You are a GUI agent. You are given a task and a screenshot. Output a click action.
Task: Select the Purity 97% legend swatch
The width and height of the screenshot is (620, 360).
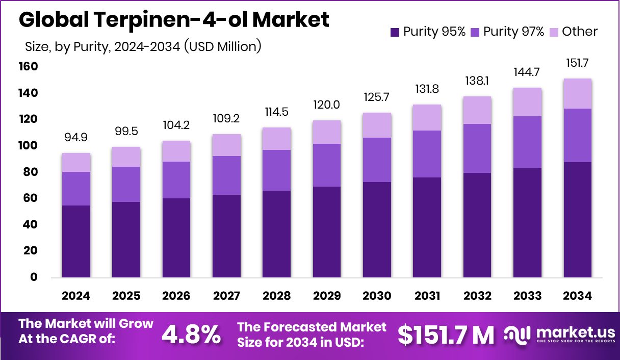pyautogui.click(x=475, y=32)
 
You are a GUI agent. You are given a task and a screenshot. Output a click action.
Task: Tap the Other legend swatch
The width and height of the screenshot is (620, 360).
pyautogui.click(x=554, y=32)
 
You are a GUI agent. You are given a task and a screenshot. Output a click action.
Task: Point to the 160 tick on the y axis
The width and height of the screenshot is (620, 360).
pyautogui.click(x=29, y=67)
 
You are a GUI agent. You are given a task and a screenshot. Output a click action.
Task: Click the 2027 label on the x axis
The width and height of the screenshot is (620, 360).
pyautogui.click(x=226, y=296)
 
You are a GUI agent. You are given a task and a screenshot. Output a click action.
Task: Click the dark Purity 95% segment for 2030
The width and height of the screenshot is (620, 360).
pyautogui.click(x=377, y=229)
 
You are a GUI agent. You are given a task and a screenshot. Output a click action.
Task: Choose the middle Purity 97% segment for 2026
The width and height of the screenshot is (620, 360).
pyautogui.click(x=176, y=179)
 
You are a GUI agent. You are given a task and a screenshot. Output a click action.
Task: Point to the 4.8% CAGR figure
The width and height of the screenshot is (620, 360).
pyautogui.click(x=191, y=335)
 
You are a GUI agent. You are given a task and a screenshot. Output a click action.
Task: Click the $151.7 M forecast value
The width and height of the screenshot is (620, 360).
pyautogui.click(x=446, y=335)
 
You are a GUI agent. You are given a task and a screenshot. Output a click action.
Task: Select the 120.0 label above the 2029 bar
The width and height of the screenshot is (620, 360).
pyautogui.click(x=327, y=106)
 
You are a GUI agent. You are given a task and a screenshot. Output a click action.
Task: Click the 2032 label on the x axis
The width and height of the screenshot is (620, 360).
pyautogui.click(x=477, y=296)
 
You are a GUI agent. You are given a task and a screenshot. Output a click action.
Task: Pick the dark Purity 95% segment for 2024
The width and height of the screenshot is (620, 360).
pyautogui.click(x=76, y=241)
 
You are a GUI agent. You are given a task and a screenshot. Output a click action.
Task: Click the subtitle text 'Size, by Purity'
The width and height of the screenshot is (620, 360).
pyautogui.click(x=66, y=47)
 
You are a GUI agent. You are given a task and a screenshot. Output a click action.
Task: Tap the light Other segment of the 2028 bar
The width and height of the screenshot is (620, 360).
pyautogui.click(x=277, y=139)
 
